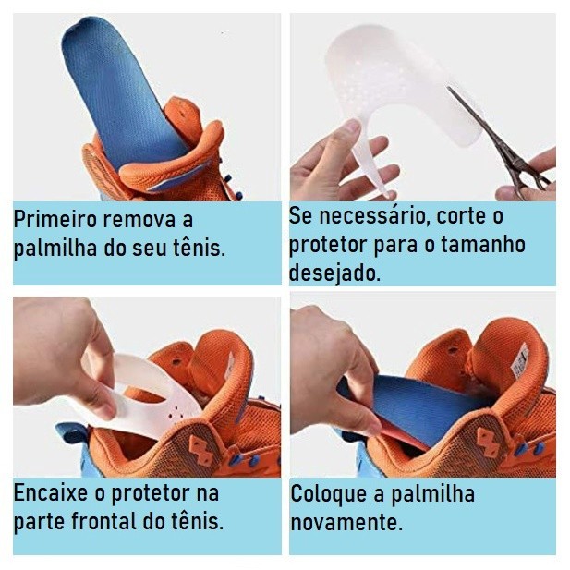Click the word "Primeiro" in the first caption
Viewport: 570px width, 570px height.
point(55,220)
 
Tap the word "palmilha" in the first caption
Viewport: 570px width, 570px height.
point(55,249)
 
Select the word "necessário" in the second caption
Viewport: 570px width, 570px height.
point(372,216)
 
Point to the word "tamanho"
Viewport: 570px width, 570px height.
point(483,244)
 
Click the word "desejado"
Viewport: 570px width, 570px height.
point(334,273)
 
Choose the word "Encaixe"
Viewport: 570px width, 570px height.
point(51,493)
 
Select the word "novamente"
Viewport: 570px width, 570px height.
point(346,522)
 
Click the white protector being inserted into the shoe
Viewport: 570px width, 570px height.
point(145,396)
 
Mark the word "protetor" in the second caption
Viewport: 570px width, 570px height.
point(327,245)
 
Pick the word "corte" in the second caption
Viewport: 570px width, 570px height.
point(459,216)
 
